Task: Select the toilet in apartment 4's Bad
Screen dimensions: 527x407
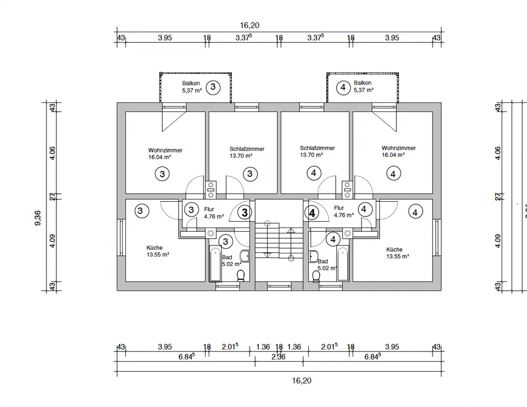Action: coord(317,276)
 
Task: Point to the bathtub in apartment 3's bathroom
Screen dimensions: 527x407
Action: coord(215,264)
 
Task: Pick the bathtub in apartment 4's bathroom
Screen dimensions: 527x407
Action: coord(343,264)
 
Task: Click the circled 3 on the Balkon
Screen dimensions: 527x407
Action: coord(212,87)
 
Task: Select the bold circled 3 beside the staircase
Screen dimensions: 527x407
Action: coord(245,212)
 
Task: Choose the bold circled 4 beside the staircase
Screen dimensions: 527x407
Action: coord(313,213)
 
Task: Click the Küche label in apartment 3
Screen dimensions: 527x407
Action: coord(155,248)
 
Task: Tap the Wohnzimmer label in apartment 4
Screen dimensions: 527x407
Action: coord(399,148)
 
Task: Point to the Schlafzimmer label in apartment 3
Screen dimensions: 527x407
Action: coord(247,149)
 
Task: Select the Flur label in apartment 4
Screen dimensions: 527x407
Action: coord(339,208)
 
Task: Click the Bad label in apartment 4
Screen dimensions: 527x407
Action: coord(323,261)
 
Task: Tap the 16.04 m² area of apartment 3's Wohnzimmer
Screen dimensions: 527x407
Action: coord(160,157)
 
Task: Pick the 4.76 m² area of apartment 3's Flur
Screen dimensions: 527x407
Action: coord(214,216)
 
